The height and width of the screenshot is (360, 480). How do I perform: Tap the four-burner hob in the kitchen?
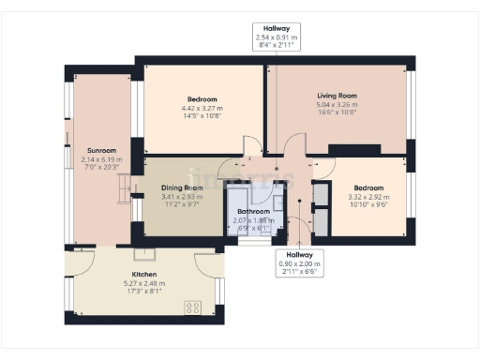(x=195, y=307)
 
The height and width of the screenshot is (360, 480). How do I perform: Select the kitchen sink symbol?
(x=145, y=254)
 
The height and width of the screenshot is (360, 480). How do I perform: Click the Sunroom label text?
(x=101, y=151)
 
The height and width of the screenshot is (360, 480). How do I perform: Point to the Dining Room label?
(x=181, y=188)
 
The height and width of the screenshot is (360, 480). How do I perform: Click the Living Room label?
(x=335, y=96)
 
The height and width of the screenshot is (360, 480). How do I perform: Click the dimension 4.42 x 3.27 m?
(x=202, y=109)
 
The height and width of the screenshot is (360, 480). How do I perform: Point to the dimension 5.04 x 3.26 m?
(x=335, y=105)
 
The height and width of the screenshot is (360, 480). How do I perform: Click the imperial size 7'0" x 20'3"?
(x=101, y=168)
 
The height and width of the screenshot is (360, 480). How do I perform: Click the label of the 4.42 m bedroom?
(x=202, y=99)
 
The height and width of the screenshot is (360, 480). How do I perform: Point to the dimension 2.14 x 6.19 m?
(x=101, y=159)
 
